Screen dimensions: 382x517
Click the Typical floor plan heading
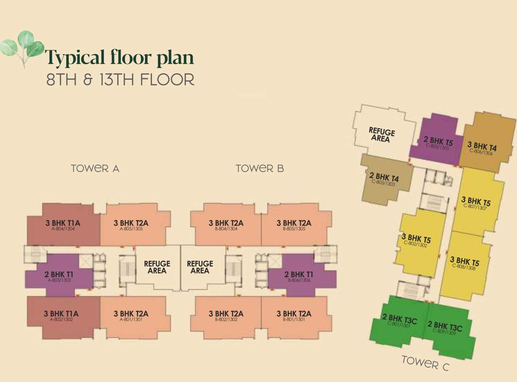point(120,58)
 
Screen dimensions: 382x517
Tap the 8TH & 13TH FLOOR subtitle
point(120,80)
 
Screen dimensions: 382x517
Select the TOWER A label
point(95,168)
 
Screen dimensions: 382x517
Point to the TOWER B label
point(260,168)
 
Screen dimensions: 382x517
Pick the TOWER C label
point(425,363)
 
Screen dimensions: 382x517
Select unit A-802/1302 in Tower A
point(62,316)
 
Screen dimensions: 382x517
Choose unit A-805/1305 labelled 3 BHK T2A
point(132,225)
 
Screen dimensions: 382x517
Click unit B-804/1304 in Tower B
point(225,225)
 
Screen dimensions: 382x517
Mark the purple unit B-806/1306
point(298,276)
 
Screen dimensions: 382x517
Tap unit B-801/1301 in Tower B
point(294,316)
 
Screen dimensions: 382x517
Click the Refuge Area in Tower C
point(382,134)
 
